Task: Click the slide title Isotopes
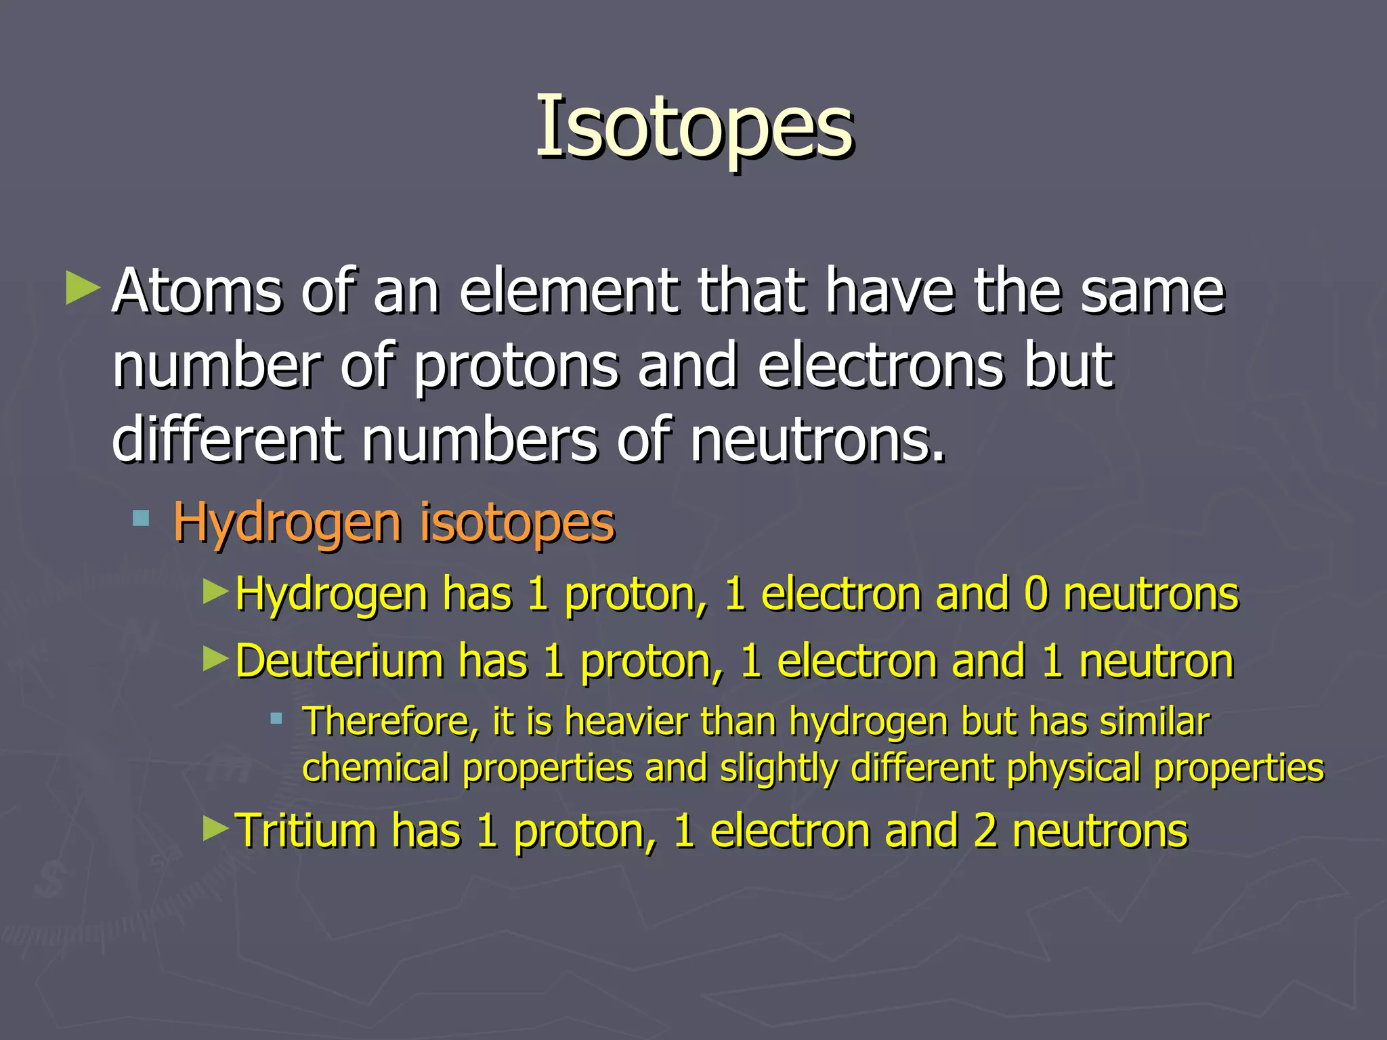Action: click(694, 127)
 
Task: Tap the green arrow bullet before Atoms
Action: click(83, 288)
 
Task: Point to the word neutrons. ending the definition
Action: click(817, 441)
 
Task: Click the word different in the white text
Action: click(228, 440)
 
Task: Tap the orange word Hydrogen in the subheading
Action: click(287, 523)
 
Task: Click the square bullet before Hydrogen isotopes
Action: click(141, 519)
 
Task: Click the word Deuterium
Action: click(339, 661)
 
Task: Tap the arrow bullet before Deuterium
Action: click(216, 658)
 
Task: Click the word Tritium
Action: click(305, 831)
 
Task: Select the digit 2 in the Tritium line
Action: click(985, 831)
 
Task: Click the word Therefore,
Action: click(387, 722)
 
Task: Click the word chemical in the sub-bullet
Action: click(376, 768)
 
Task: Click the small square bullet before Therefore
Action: click(276, 718)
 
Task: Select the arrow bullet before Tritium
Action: click(216, 828)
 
